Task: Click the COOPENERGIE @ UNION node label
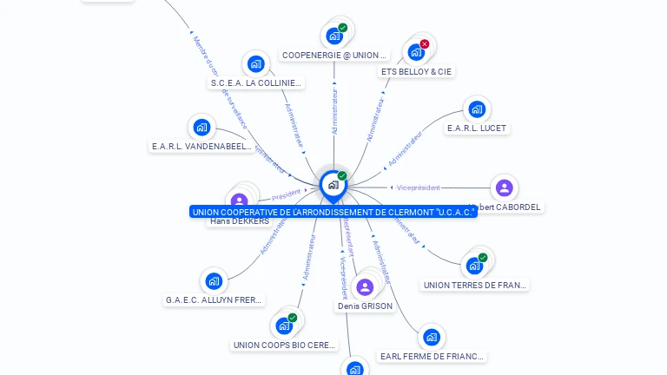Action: click(334, 56)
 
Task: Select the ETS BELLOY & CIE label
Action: click(417, 72)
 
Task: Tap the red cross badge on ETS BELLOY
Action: click(425, 44)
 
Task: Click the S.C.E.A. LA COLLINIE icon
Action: click(255, 63)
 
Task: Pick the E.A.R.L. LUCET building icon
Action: click(476, 109)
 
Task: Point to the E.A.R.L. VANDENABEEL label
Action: click(201, 147)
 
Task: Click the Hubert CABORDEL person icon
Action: click(505, 187)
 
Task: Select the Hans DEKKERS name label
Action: click(240, 221)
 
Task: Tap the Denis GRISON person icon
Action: click(365, 287)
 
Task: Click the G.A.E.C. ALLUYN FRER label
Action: click(214, 300)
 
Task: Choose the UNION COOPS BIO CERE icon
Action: click(284, 326)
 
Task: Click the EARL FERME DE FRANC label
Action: click(433, 356)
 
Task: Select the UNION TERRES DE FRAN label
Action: click(474, 285)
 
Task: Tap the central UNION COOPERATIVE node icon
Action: click(333, 185)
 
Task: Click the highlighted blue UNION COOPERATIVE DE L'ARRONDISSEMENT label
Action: click(333, 212)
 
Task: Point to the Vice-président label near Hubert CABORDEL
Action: click(418, 187)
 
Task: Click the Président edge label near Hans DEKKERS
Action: click(286, 195)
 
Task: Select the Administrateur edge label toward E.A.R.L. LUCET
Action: click(404, 148)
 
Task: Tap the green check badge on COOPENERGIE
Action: click(343, 28)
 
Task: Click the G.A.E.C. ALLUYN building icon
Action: click(214, 280)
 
